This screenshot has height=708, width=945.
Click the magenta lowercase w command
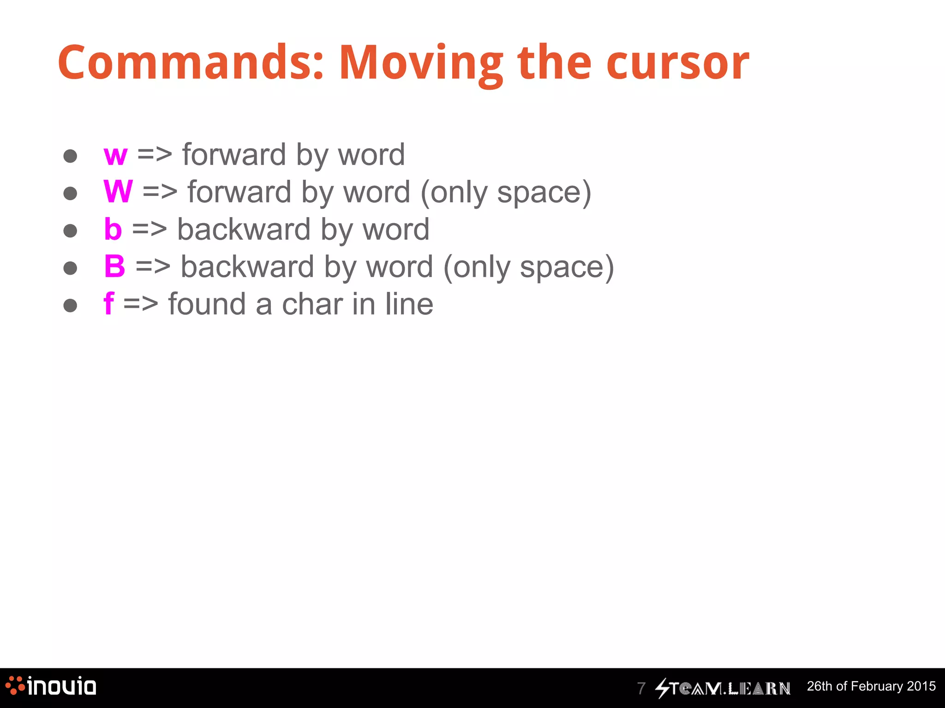pos(115,155)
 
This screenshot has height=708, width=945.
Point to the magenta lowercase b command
pos(113,229)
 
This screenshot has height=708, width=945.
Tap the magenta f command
pos(109,304)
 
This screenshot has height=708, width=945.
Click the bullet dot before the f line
pos(70,305)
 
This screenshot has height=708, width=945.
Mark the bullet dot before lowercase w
pos(70,156)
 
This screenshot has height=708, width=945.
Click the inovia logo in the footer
pos(51,686)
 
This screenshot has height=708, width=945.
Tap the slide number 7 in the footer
pos(641,688)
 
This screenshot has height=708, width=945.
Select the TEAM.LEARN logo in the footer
pos(723,688)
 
